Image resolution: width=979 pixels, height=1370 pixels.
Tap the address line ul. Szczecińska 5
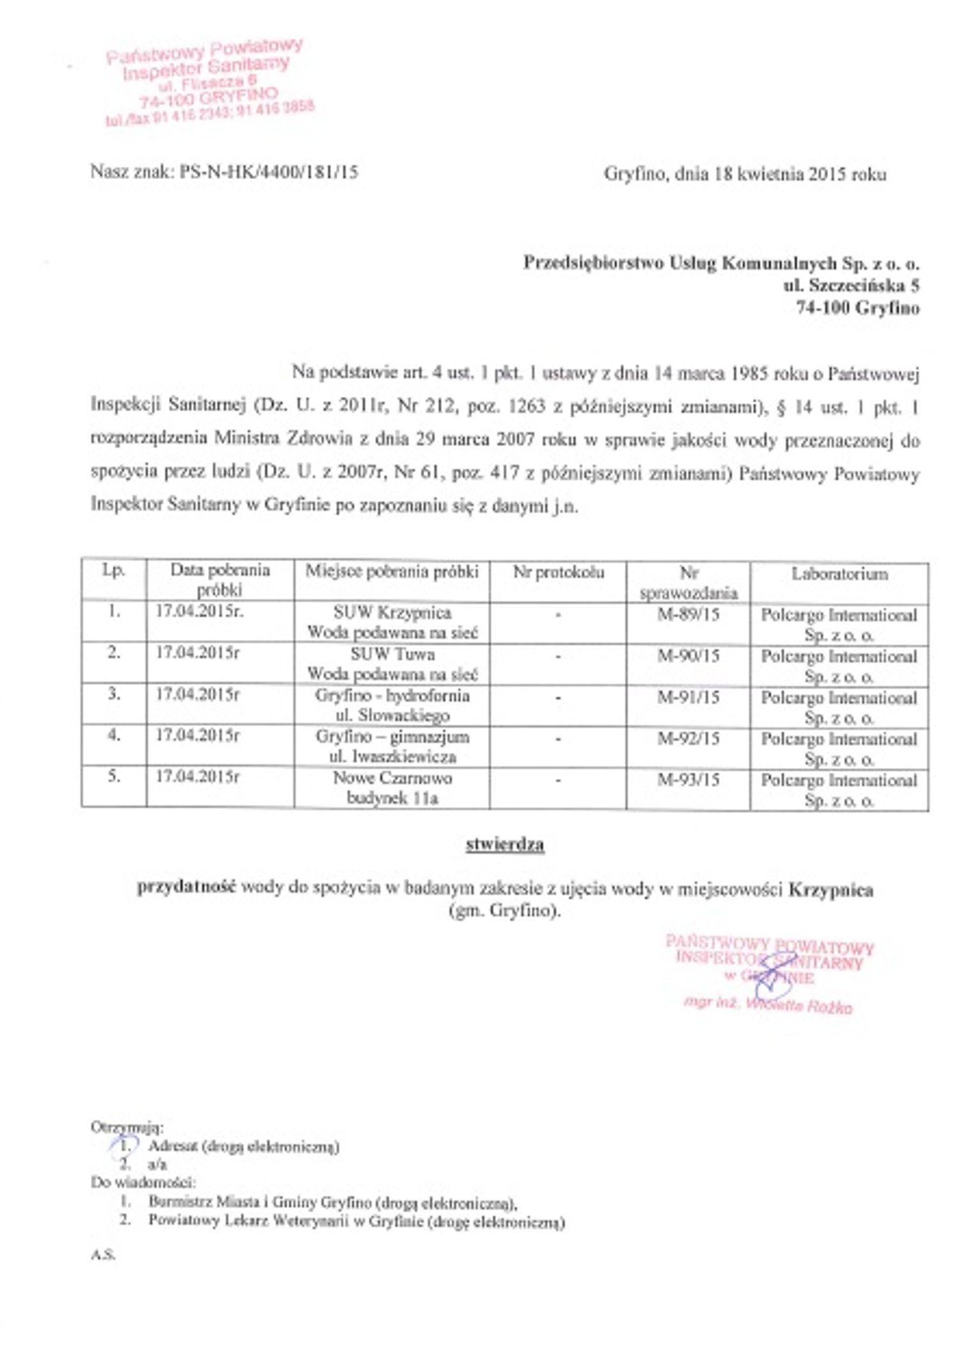point(851,285)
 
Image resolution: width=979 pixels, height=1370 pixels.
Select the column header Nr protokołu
point(558,572)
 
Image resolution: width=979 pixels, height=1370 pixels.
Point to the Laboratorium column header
point(839,574)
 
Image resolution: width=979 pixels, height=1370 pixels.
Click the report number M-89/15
point(688,615)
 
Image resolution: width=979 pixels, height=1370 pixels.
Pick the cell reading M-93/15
point(688,779)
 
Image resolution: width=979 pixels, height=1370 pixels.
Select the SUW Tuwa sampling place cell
point(392,664)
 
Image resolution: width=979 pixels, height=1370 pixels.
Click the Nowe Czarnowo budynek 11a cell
point(392,788)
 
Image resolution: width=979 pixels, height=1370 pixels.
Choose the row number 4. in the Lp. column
point(114,735)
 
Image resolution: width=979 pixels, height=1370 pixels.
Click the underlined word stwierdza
point(505,845)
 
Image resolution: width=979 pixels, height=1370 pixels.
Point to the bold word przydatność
point(187,888)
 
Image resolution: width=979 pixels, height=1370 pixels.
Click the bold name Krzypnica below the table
point(831,890)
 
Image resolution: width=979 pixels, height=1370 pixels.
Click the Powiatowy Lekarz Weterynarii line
point(356,1222)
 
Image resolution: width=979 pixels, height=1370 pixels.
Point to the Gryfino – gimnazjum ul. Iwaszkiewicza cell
point(392,747)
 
